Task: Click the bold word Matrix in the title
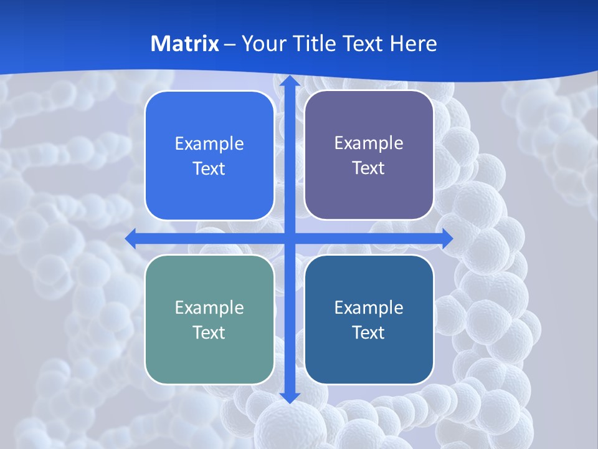coord(185,44)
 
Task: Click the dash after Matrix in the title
coord(230,44)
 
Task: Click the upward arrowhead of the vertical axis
coord(290,81)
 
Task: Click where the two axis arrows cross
coord(290,238)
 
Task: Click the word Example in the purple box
coord(369,143)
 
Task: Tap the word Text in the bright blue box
coord(209,169)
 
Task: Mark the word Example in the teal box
coord(209,307)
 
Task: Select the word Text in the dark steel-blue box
coord(369,332)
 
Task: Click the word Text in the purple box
coord(369,168)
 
